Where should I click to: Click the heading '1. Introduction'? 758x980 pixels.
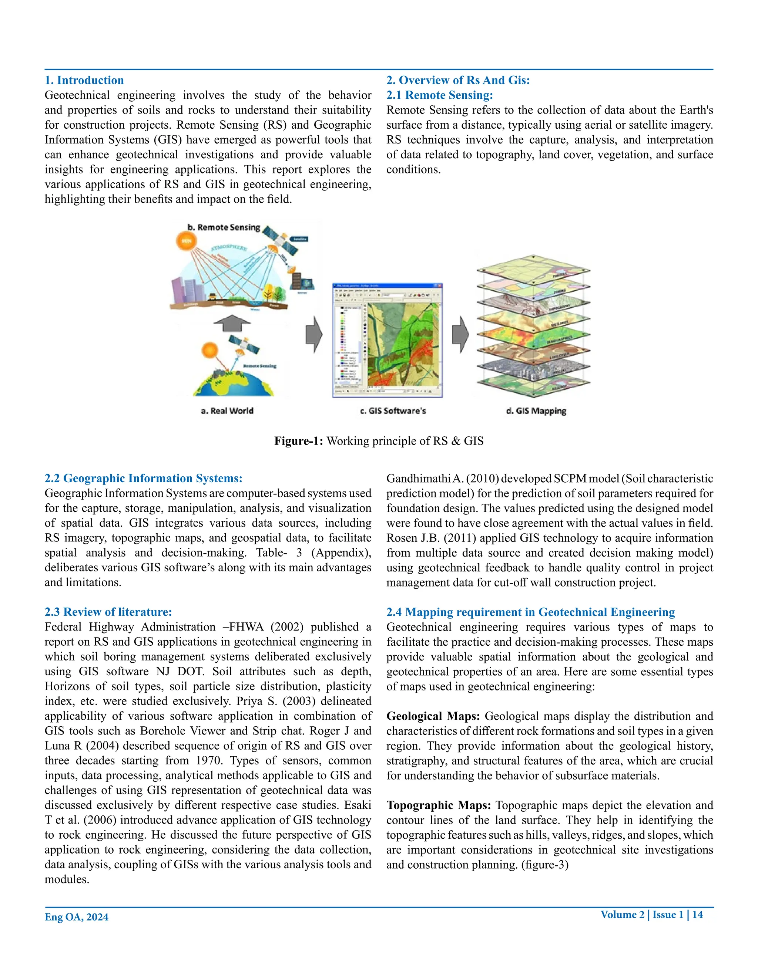[84, 80]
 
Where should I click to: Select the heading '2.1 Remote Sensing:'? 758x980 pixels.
[440, 95]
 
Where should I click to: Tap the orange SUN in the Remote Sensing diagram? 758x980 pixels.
[187, 241]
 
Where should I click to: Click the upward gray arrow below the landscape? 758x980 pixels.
[232, 322]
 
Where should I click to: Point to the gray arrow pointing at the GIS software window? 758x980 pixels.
[314, 335]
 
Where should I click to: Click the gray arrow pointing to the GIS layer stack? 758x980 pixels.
[460, 335]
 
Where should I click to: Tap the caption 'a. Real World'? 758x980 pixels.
[227, 410]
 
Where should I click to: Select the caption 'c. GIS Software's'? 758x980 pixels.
[393, 410]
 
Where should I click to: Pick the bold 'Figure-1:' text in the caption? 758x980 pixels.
[299, 441]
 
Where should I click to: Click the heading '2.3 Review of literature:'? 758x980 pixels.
[108, 612]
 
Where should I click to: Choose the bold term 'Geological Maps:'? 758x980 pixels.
[433, 716]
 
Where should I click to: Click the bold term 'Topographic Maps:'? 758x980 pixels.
[439, 805]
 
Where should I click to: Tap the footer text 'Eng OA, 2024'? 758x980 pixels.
[76, 917]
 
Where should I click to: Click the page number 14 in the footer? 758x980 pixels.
[697, 915]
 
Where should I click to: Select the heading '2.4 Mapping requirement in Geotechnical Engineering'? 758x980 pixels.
[530, 612]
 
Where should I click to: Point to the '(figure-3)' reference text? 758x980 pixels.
[545, 865]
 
